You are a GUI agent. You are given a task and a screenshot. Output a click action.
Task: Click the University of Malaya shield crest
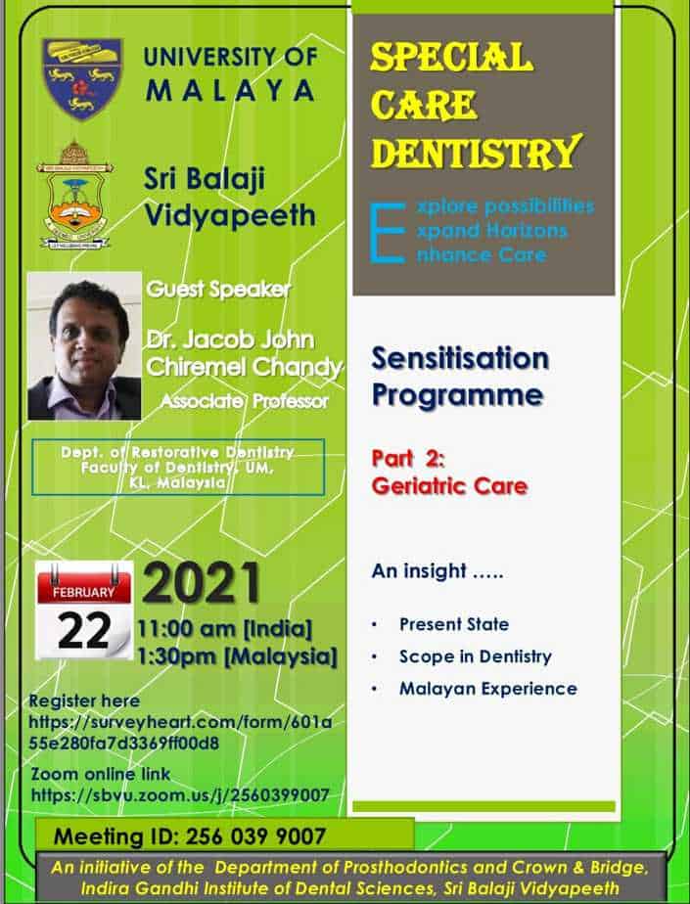coord(82,78)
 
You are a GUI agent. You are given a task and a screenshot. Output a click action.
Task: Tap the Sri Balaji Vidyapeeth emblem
coord(74,195)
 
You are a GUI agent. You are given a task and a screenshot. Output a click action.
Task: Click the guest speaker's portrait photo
coord(84,346)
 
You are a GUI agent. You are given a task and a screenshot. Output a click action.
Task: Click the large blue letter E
coord(388,232)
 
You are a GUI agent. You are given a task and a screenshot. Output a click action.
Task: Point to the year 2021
coord(202,583)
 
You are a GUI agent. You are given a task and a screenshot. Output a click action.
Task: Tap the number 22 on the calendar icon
coord(84,630)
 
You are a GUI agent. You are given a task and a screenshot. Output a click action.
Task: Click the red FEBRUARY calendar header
coord(84,592)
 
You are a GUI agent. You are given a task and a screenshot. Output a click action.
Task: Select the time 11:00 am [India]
coord(224,628)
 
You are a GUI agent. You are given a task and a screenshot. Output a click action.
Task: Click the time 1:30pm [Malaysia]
coord(237,656)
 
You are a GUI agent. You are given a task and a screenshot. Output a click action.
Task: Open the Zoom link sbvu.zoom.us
coord(180,795)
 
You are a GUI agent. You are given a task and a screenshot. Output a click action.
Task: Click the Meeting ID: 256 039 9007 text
coord(190,836)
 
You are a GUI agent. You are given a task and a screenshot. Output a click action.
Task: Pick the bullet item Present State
coord(454,624)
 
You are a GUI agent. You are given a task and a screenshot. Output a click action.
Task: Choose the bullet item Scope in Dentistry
coord(476,656)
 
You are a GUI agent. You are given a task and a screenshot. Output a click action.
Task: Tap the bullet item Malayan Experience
coord(488,689)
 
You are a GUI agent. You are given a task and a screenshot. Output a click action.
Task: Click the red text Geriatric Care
coord(450,486)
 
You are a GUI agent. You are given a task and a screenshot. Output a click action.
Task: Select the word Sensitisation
coord(460,359)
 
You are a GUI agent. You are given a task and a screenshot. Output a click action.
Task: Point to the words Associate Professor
coord(245,401)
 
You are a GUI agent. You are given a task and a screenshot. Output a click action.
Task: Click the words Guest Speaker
coord(218,289)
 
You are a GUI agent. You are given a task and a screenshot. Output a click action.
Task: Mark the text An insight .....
coord(419,570)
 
